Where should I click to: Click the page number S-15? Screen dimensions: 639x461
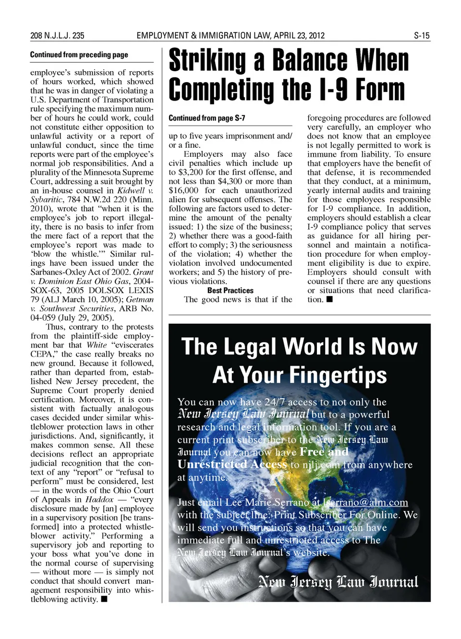422,36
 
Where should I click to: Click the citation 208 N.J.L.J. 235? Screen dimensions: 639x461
57,36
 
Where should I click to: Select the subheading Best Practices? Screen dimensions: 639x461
230,290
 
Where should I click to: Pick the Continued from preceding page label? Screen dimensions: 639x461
79,55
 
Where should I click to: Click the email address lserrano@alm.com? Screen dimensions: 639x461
365,502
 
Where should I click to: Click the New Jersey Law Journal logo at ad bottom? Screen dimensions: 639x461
338,582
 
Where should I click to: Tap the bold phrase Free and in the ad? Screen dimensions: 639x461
324,452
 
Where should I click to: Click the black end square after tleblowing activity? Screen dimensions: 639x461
104,599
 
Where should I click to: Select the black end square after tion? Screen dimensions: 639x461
329,300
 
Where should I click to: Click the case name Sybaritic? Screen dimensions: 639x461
49,200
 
